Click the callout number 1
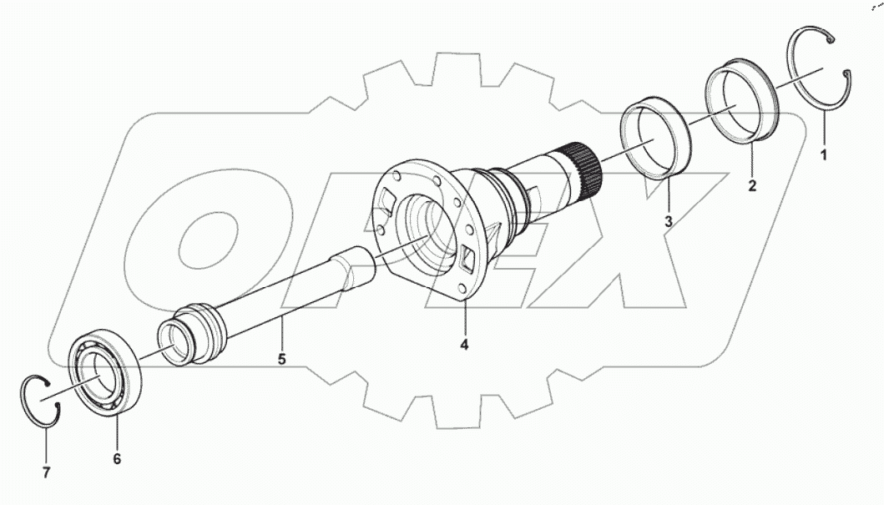[x=824, y=155]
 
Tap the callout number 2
[x=752, y=186]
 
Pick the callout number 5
[x=281, y=360]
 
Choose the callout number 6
[x=117, y=458]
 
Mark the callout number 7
[x=46, y=472]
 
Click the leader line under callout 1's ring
[x=823, y=129]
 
